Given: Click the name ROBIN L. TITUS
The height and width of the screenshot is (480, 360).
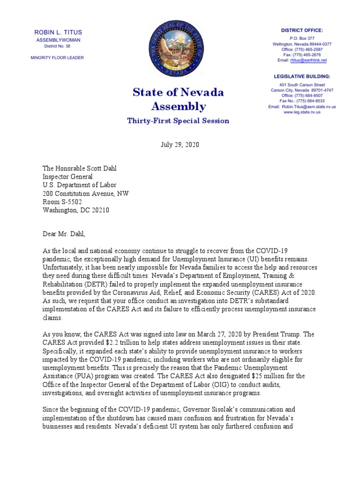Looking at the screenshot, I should [58, 32].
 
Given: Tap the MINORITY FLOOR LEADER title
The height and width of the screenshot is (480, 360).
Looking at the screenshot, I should [58, 58].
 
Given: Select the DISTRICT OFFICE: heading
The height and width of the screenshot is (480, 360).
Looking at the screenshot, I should [302, 30].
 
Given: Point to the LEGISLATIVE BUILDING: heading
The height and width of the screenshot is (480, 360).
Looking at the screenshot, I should [302, 76].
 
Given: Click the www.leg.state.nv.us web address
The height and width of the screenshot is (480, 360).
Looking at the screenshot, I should [302, 112].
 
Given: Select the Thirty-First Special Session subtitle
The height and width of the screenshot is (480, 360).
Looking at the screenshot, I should [178, 121].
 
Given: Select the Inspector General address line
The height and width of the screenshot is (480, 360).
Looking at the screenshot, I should [67, 177].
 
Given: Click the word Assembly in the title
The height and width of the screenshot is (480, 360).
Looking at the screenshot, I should [178, 106].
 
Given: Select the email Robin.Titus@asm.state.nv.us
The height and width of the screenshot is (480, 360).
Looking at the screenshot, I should [308, 106].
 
